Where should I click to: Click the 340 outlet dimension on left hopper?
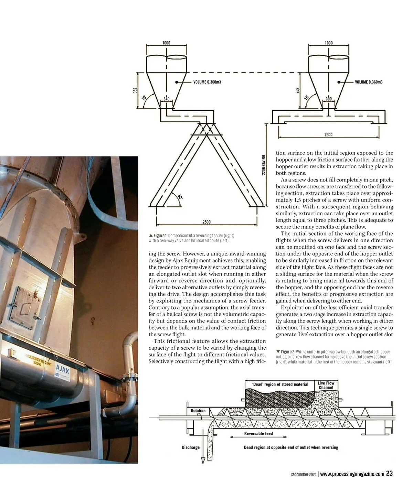click(x=166, y=99)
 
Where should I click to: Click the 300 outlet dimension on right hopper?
click(x=329, y=99)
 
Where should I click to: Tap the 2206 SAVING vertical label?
click(x=263, y=165)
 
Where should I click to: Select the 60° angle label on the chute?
click(x=180, y=197)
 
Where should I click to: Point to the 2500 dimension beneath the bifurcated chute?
click(x=206, y=222)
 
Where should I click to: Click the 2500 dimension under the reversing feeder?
click(x=328, y=134)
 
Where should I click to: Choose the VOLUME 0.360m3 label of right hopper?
click(x=369, y=82)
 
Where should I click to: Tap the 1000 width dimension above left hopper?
click(x=166, y=43)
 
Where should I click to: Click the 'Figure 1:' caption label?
click(x=160, y=236)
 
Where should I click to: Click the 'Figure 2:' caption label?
click(x=288, y=352)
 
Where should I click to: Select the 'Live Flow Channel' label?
click(x=326, y=385)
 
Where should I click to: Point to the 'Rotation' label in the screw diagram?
click(x=198, y=411)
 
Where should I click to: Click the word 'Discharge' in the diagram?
click(x=190, y=447)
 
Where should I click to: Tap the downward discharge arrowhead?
click(x=203, y=460)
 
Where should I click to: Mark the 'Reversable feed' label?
click(x=258, y=433)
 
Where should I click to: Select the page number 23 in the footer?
click(x=389, y=474)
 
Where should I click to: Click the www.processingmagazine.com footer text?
click(x=352, y=474)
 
